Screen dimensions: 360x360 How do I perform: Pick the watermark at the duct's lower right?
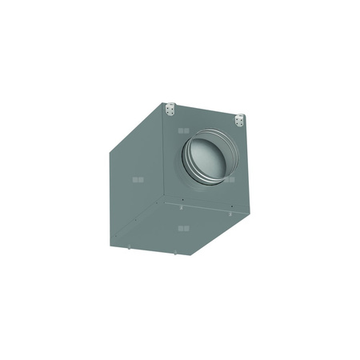[x=230, y=179]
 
